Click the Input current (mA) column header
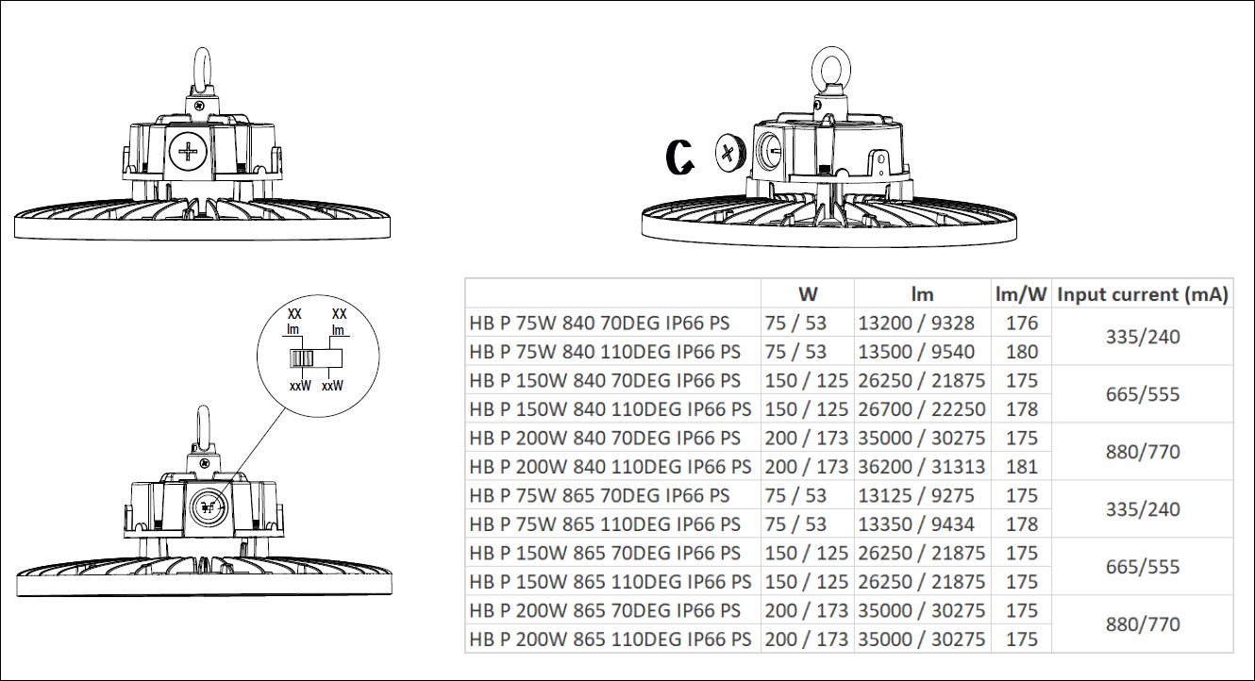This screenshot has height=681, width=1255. click(1143, 294)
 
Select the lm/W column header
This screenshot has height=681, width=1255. click(1021, 294)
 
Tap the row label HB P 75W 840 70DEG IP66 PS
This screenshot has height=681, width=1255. click(599, 324)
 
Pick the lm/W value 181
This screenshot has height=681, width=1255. click(1022, 467)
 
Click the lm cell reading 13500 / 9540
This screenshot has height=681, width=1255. click(916, 352)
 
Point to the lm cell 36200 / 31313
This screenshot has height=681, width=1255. click(921, 467)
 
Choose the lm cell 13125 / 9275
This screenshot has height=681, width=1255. click(916, 495)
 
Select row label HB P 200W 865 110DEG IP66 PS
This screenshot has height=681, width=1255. click(611, 639)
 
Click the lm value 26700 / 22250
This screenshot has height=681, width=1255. click(921, 409)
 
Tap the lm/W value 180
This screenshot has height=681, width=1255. click(1022, 352)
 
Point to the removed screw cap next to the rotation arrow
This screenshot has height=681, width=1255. click(730, 153)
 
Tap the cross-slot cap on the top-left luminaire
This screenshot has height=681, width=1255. click(188, 151)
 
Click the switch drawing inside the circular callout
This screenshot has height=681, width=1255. click(316, 357)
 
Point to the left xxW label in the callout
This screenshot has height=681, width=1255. click(300, 386)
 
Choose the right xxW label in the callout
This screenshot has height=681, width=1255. click(332, 386)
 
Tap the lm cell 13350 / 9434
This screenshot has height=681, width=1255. click(916, 524)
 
